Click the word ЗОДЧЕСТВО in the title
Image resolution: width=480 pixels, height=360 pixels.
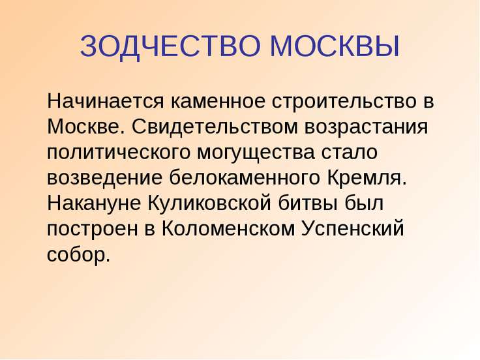coord(170,46)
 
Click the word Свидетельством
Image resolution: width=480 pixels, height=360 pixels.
coord(215,127)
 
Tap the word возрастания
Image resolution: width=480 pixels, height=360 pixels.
coord(367,128)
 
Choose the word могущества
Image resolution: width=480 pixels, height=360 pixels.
coord(256,153)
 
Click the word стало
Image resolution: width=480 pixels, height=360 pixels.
coord(350,152)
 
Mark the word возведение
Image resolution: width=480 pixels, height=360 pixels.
coord(104,178)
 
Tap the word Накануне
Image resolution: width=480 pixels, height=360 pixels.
coord(94,203)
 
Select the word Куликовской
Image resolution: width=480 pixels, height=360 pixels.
coord(210,202)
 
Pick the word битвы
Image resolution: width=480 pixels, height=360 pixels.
coord(308,203)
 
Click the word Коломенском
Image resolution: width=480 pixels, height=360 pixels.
coord(228,229)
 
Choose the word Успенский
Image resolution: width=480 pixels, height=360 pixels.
coord(353,230)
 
